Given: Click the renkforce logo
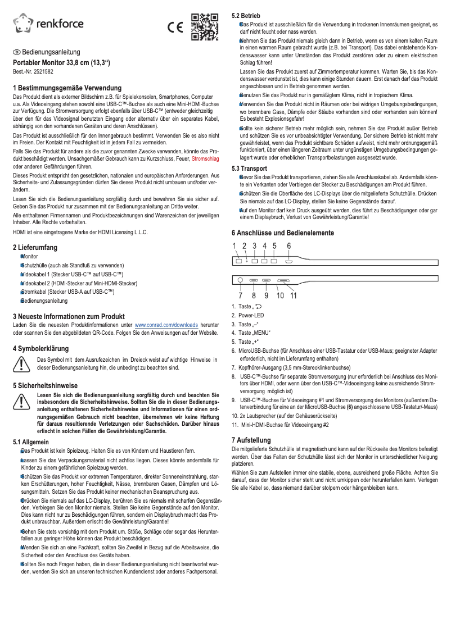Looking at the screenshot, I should tap(48, 23).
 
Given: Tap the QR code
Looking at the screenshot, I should tap(204, 26).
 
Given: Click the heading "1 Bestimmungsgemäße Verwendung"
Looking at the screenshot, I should tap(67, 89).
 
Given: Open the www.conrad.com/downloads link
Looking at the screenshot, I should tap(166, 325).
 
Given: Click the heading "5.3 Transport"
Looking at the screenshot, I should tap(249, 168).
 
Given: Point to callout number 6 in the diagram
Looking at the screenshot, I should tap(288, 245).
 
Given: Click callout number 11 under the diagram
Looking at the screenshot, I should tap(294, 294).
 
